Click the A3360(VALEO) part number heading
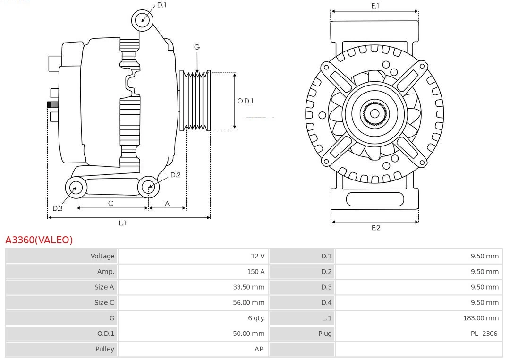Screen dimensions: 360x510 pyautogui.click(x=39, y=240)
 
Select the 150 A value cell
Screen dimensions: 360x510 pyautogui.click(x=255, y=272)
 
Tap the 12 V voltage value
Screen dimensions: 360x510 pyautogui.click(x=257, y=256)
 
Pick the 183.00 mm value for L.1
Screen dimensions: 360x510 pyautogui.click(x=481, y=318)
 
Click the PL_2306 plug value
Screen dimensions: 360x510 pyautogui.click(x=484, y=334)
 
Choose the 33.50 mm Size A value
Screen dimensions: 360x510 pyautogui.click(x=249, y=287)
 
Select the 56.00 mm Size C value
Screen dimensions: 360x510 pyautogui.click(x=249, y=302)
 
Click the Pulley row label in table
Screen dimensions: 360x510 pyautogui.click(x=104, y=349)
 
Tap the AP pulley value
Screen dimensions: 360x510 pyautogui.click(x=258, y=349)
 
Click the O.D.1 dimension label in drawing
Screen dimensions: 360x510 pyautogui.click(x=245, y=101)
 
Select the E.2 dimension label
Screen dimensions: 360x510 pyautogui.click(x=375, y=228)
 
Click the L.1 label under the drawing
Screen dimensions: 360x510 pyautogui.click(x=122, y=223)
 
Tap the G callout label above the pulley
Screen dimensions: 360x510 pyautogui.click(x=197, y=47)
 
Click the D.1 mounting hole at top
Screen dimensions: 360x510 pyautogui.click(x=143, y=20)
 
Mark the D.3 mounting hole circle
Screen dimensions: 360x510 pyautogui.click(x=75, y=188)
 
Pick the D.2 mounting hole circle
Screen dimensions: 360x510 pyautogui.click(x=148, y=187)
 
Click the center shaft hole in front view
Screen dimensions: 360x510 pyautogui.click(x=374, y=113)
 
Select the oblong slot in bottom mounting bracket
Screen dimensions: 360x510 pyautogui.click(x=374, y=199)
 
